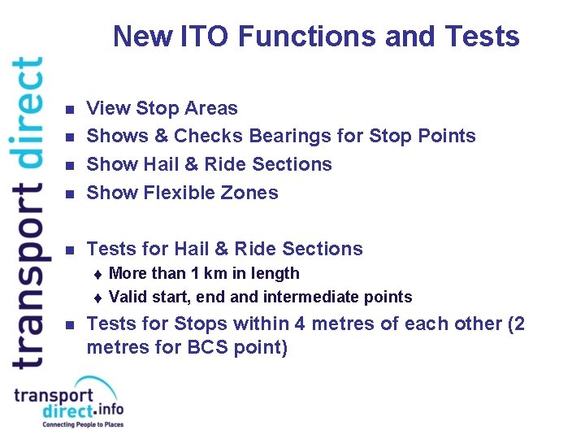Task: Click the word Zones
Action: click(251, 193)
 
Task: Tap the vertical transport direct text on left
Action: click(27, 211)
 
